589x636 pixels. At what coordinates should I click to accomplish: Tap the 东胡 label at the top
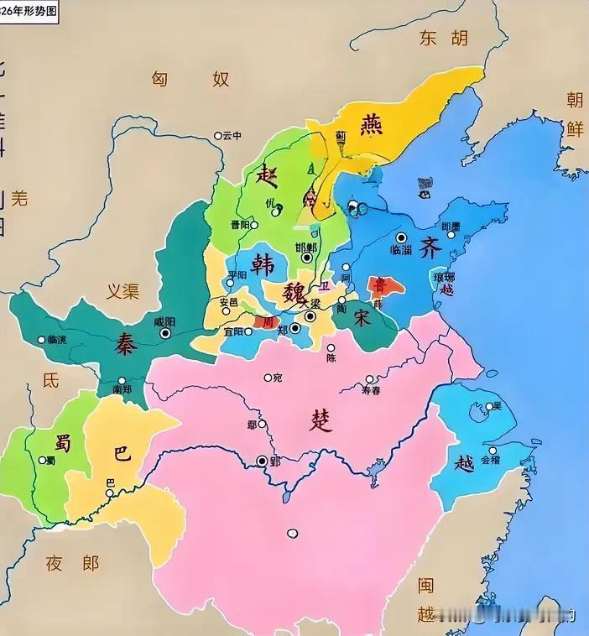[x=441, y=38]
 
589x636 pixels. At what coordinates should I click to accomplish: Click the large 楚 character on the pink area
[x=321, y=420]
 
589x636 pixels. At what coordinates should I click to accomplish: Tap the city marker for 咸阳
[x=165, y=333]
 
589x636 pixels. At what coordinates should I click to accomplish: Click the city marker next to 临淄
[x=402, y=237]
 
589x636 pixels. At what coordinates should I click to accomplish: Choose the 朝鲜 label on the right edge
[x=575, y=115]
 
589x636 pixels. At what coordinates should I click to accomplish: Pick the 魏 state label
[x=295, y=294]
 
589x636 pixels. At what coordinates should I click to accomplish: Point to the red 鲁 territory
[x=385, y=286]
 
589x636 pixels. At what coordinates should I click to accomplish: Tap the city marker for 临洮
[x=41, y=339]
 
